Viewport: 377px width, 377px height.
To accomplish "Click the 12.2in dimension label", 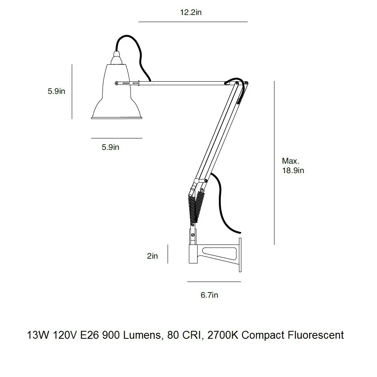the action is (x=190, y=12).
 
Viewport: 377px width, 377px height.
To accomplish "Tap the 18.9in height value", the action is (x=293, y=170).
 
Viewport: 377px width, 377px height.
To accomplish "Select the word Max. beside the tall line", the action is (x=291, y=161).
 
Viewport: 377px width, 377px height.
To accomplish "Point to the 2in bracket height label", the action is (x=152, y=256).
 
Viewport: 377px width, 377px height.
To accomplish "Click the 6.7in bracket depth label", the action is (x=209, y=295).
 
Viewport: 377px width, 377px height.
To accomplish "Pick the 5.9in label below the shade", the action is (x=110, y=147).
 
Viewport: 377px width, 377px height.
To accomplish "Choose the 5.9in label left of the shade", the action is (x=56, y=91).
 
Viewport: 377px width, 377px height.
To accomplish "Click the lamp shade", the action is (x=117, y=91).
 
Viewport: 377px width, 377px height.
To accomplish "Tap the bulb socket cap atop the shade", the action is (x=117, y=58).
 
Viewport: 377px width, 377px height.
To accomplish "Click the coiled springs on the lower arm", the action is (x=196, y=207).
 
